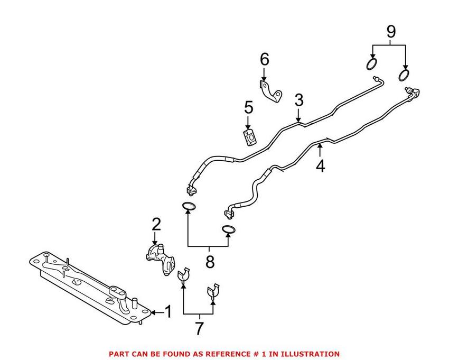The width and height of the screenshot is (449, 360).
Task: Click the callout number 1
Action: [x=168, y=312]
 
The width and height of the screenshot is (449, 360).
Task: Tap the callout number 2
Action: [x=155, y=225]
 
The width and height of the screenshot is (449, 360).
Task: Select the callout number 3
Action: [x=299, y=100]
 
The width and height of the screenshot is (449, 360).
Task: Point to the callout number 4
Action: [x=320, y=166]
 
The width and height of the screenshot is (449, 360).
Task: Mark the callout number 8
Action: [x=210, y=261]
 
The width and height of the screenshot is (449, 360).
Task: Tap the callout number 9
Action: [x=390, y=31]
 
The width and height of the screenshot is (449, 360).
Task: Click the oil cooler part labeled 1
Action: [x=90, y=288]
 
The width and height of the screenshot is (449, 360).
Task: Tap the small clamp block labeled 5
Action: [x=249, y=137]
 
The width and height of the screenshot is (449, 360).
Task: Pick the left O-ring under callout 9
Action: [x=372, y=65]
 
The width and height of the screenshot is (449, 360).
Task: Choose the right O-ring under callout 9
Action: [x=405, y=73]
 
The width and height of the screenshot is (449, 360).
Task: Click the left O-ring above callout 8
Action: [x=189, y=206]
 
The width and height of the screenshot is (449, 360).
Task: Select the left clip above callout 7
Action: [x=183, y=275]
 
